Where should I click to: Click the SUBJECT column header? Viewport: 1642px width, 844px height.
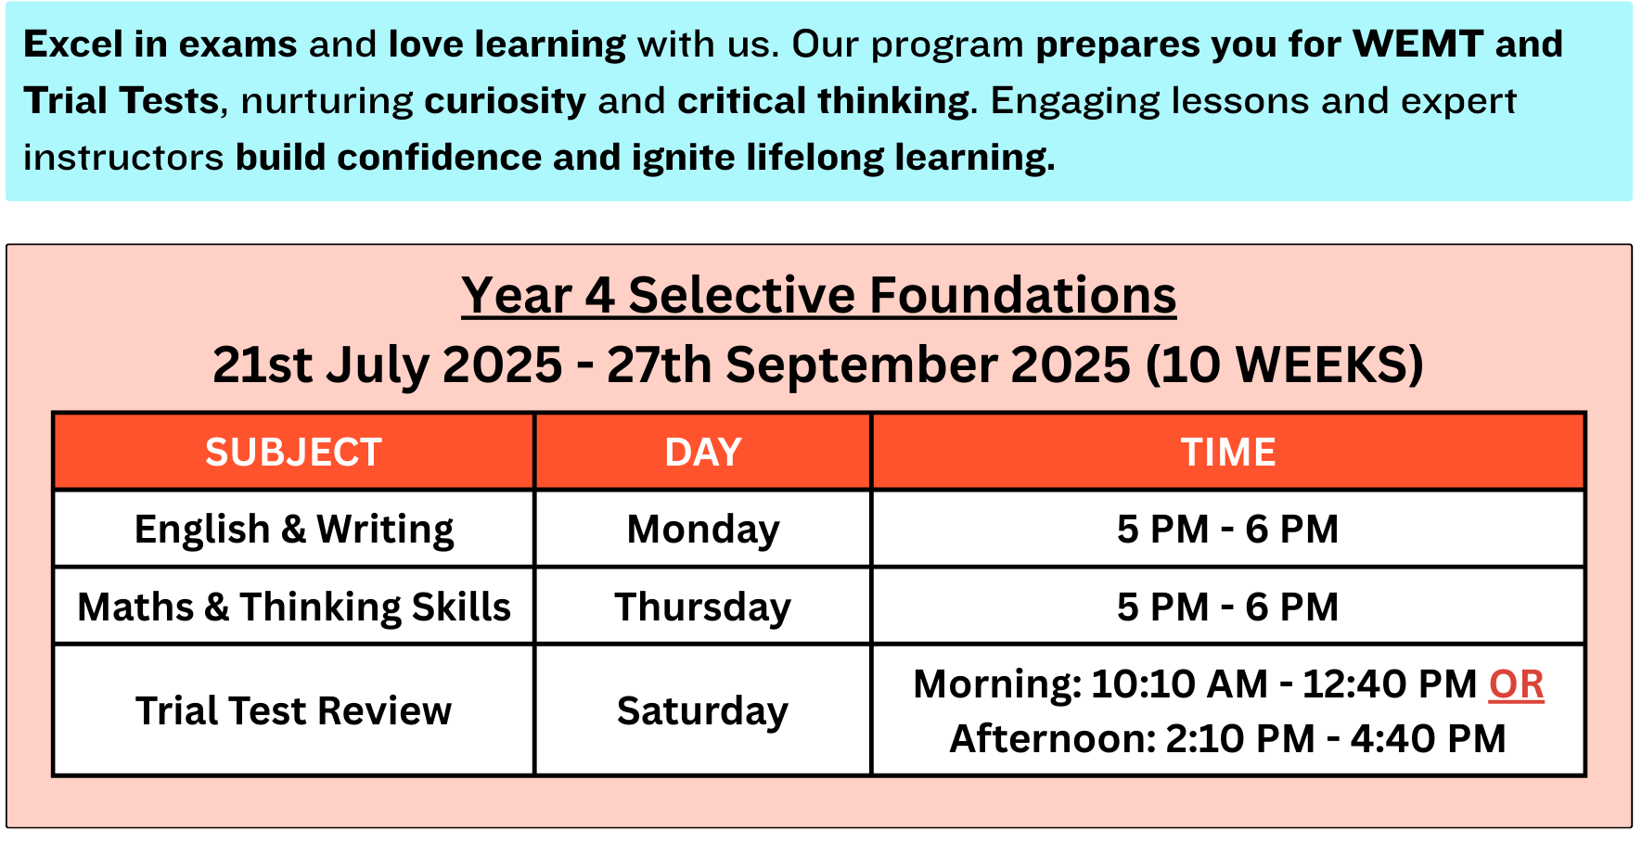point(293,453)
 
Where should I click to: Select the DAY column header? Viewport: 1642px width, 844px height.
point(703,453)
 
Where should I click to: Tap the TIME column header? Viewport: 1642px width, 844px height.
point(1228,453)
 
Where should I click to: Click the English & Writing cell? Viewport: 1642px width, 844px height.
point(293,530)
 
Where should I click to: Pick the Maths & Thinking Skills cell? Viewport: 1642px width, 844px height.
point(293,607)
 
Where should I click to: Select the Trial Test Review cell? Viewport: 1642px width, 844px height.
point(293,710)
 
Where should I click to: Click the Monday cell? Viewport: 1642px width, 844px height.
point(703,530)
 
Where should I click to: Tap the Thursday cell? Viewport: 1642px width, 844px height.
point(703,607)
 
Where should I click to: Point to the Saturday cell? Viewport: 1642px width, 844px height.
point(703,710)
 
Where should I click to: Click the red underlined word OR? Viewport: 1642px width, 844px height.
point(1516,684)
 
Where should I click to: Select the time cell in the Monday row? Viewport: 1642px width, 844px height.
point(1228,530)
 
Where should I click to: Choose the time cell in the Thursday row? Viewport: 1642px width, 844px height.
point(1228,607)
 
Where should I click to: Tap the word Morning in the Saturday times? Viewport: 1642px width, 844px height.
point(996,685)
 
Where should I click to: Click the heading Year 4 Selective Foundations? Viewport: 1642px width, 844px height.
point(819,296)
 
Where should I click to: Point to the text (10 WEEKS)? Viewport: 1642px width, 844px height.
point(1285,364)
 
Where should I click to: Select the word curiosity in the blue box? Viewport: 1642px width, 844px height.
point(506,101)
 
